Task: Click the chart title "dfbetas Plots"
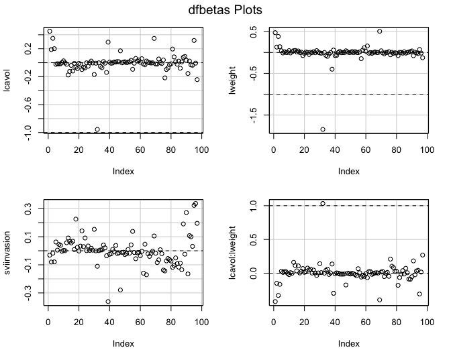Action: point(225,10)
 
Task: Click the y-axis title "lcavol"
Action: point(9,81)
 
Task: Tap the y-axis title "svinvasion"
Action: point(9,252)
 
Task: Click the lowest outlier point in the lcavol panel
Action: point(97,129)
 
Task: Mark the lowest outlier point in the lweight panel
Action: point(323,129)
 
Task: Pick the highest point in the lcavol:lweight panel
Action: point(323,203)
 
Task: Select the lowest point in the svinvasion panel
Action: point(108,302)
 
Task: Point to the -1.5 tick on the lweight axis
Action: point(254,116)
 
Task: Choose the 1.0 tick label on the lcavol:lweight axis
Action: point(254,206)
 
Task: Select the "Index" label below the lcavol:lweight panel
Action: point(348,343)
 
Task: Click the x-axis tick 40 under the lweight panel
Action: point(335,149)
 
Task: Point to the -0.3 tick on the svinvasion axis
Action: point(28,293)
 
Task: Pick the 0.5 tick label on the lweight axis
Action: point(254,31)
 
